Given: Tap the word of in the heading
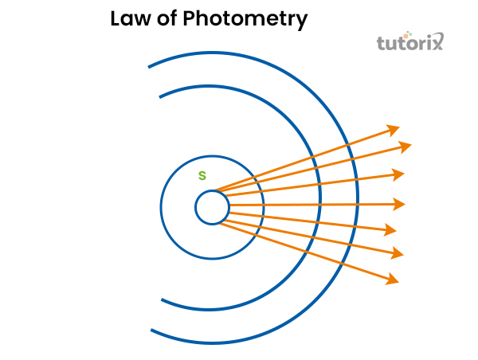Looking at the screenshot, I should tap(167, 19).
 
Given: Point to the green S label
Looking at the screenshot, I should tap(202, 175).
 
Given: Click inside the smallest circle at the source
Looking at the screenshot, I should tap(212, 208).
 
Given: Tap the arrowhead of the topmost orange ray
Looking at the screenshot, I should tap(394, 127).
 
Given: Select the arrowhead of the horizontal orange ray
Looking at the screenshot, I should tap(401, 204).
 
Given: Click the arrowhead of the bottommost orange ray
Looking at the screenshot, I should tap(393, 280).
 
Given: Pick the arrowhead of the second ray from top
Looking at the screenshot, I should tap(406, 146).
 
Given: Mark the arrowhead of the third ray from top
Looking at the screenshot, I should tap(398, 174).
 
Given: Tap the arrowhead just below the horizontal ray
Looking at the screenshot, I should tap(391, 230).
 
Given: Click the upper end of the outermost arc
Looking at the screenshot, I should tap(149, 66).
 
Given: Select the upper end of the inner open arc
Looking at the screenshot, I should tap(161, 96).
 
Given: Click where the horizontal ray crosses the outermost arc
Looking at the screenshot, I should tap(357, 205).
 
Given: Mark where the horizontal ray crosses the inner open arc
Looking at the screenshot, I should tap(320, 205).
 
